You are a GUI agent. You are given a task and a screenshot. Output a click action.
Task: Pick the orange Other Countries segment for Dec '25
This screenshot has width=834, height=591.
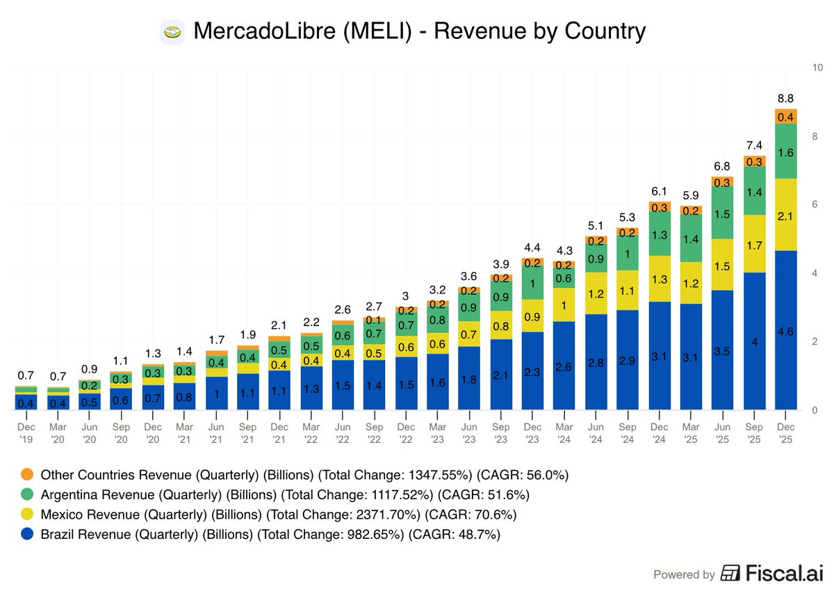(x=785, y=117)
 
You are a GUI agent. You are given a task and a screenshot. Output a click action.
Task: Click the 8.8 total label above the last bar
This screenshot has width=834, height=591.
(x=785, y=98)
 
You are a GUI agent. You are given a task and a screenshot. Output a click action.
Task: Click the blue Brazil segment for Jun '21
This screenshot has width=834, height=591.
(x=217, y=394)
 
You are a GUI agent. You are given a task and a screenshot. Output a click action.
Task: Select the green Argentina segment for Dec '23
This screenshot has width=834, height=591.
(x=532, y=284)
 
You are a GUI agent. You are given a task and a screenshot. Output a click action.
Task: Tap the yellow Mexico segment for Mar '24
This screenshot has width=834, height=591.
(x=564, y=305)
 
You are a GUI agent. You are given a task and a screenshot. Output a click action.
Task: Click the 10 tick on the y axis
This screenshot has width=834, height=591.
(x=818, y=67)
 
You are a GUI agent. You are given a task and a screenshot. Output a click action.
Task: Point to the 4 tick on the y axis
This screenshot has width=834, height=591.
(x=818, y=273)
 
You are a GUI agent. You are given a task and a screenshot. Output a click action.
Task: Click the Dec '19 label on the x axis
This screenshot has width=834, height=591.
(x=27, y=433)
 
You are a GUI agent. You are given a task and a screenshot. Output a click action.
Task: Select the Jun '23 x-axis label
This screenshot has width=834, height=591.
(x=470, y=433)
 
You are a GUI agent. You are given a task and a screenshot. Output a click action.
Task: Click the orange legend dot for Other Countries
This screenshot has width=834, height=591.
(x=27, y=475)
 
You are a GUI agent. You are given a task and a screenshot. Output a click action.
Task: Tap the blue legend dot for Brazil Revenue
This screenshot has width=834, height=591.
(x=27, y=535)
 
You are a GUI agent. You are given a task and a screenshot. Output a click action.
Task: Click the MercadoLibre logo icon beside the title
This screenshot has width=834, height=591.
(x=172, y=32)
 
